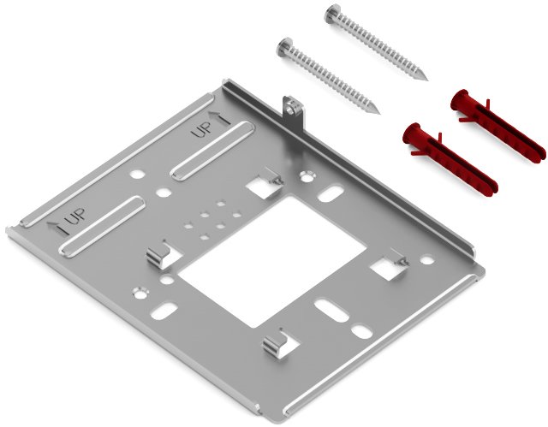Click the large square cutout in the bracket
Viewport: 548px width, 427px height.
pyautogui.click(x=272, y=263)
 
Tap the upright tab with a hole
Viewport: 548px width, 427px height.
pyautogui.click(x=293, y=114)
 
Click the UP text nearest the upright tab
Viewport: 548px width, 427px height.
pyautogui.click(x=202, y=130)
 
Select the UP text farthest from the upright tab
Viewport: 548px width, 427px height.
pyautogui.click(x=75, y=216)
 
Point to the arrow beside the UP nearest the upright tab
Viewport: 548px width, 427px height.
pyautogui.click(x=220, y=118)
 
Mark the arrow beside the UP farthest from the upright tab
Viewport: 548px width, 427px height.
pyautogui.click(x=57, y=228)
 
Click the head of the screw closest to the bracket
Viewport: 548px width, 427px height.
pyautogui.click(x=285, y=47)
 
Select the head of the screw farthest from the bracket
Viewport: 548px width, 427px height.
pyautogui.click(x=332, y=14)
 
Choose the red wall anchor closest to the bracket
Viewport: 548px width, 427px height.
pyautogui.click(x=450, y=157)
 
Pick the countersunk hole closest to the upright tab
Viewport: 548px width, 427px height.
pyautogui.click(x=307, y=176)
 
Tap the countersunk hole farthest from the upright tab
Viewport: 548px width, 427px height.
pyautogui.click(x=140, y=293)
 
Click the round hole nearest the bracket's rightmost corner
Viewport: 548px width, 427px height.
pyautogui.click(x=426, y=260)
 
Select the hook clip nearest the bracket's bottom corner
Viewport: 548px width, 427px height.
pyautogui.click(x=275, y=346)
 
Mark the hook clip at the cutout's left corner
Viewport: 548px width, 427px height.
pyautogui.click(x=158, y=257)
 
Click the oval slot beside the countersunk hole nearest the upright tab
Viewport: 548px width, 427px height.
pyautogui.click(x=331, y=193)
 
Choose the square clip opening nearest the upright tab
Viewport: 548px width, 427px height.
pyautogui.click(x=265, y=187)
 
